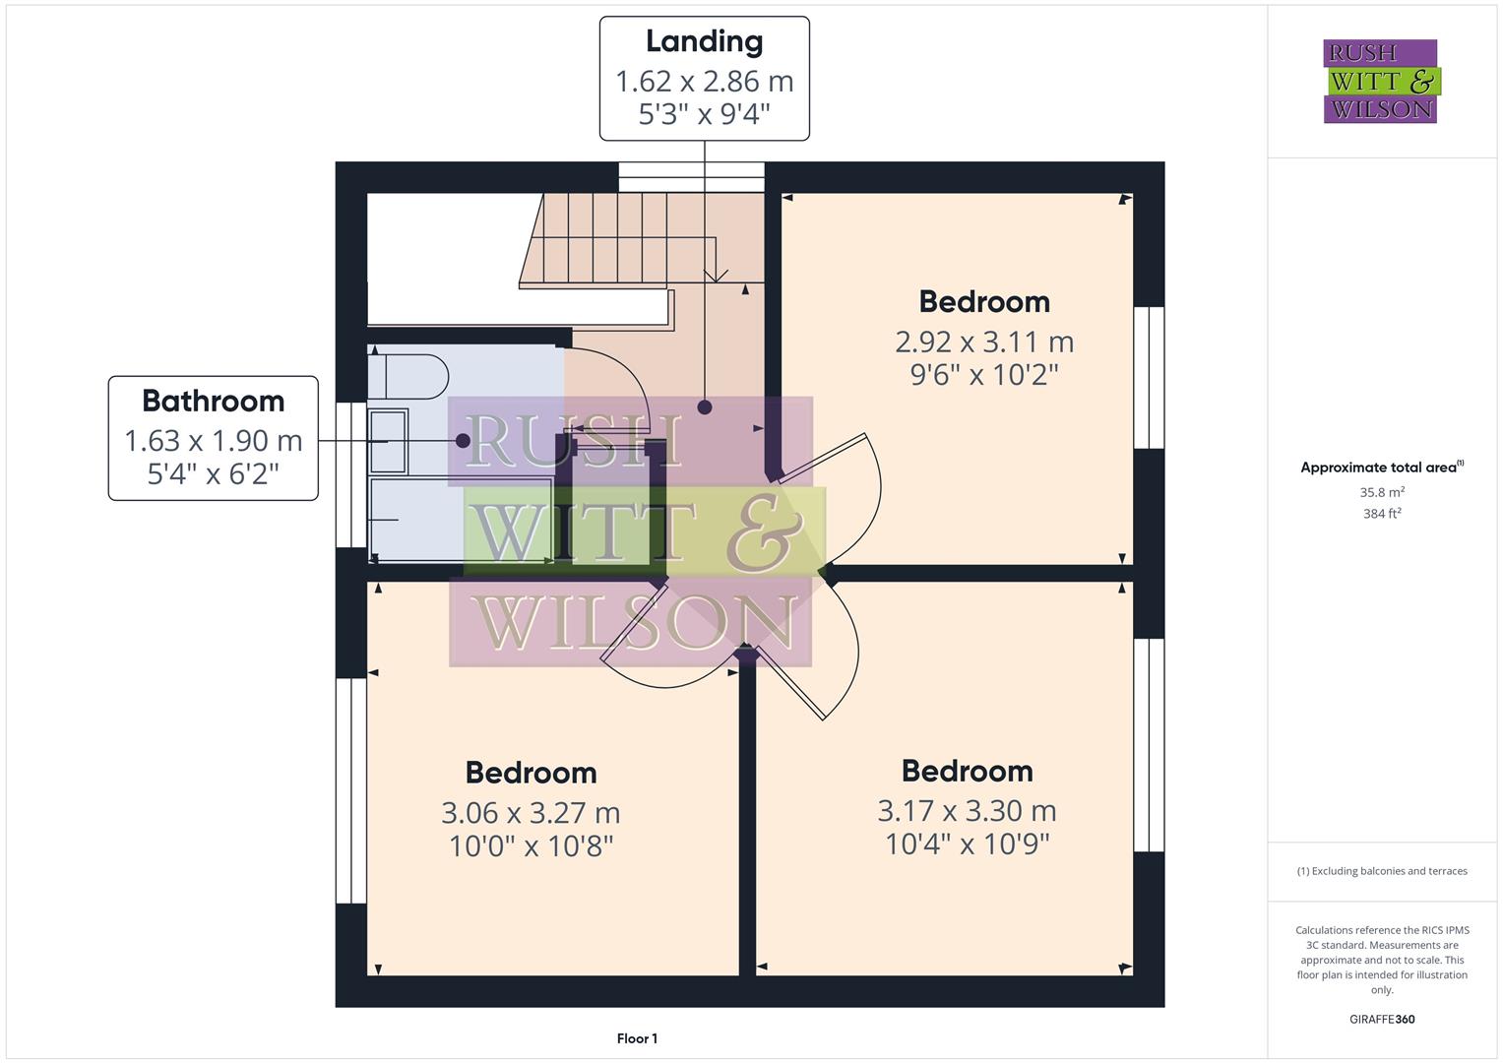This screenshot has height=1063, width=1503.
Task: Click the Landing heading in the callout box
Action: pyautogui.click(x=704, y=41)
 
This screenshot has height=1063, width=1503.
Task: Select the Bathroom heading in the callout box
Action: pyautogui.click(x=213, y=401)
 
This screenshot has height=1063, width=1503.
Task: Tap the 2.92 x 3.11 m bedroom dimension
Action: pyautogui.click(x=983, y=342)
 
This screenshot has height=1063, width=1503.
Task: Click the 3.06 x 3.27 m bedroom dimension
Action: pyautogui.click(x=531, y=813)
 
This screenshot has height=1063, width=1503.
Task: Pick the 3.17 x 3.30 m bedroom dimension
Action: pyautogui.click(x=967, y=811)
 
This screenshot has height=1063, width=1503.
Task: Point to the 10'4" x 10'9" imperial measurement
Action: pyautogui.click(x=967, y=844)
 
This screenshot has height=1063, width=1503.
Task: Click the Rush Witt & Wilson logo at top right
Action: pyautogui.click(x=1380, y=82)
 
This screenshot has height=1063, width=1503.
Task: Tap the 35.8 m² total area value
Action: pyautogui.click(x=1381, y=492)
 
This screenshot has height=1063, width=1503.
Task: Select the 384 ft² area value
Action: pyautogui.click(x=1381, y=513)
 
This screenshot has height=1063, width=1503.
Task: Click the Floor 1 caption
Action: pyautogui.click(x=637, y=1038)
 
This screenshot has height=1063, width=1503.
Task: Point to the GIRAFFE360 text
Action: pyautogui.click(x=1381, y=1019)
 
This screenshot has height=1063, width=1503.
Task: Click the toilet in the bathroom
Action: pyautogui.click(x=407, y=376)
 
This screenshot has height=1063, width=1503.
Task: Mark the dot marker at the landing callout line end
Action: pyautogui.click(x=705, y=406)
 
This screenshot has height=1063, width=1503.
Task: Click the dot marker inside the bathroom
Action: pyautogui.click(x=463, y=441)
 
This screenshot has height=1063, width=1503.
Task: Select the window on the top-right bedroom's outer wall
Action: pyautogui.click(x=1149, y=378)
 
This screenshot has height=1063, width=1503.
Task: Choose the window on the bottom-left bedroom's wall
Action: pyautogui.click(x=351, y=790)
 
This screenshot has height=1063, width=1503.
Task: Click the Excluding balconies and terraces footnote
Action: pyautogui.click(x=1381, y=871)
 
